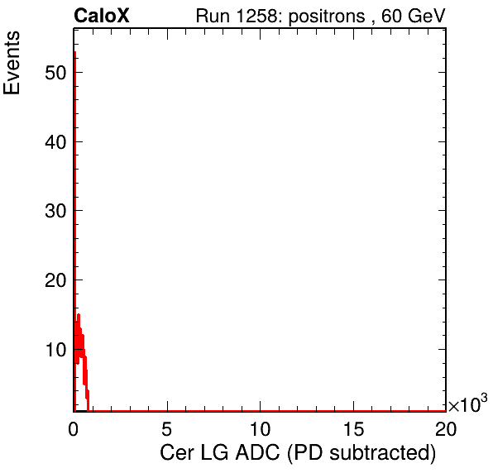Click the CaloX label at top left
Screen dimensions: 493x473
(102, 16)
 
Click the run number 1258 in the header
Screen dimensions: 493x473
(256, 16)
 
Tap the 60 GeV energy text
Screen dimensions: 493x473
(414, 16)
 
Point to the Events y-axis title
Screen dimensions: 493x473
(12, 63)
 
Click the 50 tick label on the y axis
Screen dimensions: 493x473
(55, 73)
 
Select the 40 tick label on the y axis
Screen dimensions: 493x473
(55, 141)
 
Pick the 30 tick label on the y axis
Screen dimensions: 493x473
(55, 211)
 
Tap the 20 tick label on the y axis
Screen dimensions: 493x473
(55, 279)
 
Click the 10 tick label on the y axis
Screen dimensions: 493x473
(55, 349)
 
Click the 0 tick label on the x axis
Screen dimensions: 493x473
(74, 428)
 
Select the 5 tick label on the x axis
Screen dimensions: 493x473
(167, 428)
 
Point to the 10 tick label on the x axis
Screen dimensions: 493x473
(260, 428)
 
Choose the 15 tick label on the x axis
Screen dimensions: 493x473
(354, 428)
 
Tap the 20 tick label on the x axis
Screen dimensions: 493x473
(446, 428)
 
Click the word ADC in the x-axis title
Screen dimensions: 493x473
(257, 453)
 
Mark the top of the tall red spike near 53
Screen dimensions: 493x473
(74, 52)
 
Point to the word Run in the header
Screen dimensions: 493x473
(213, 16)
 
